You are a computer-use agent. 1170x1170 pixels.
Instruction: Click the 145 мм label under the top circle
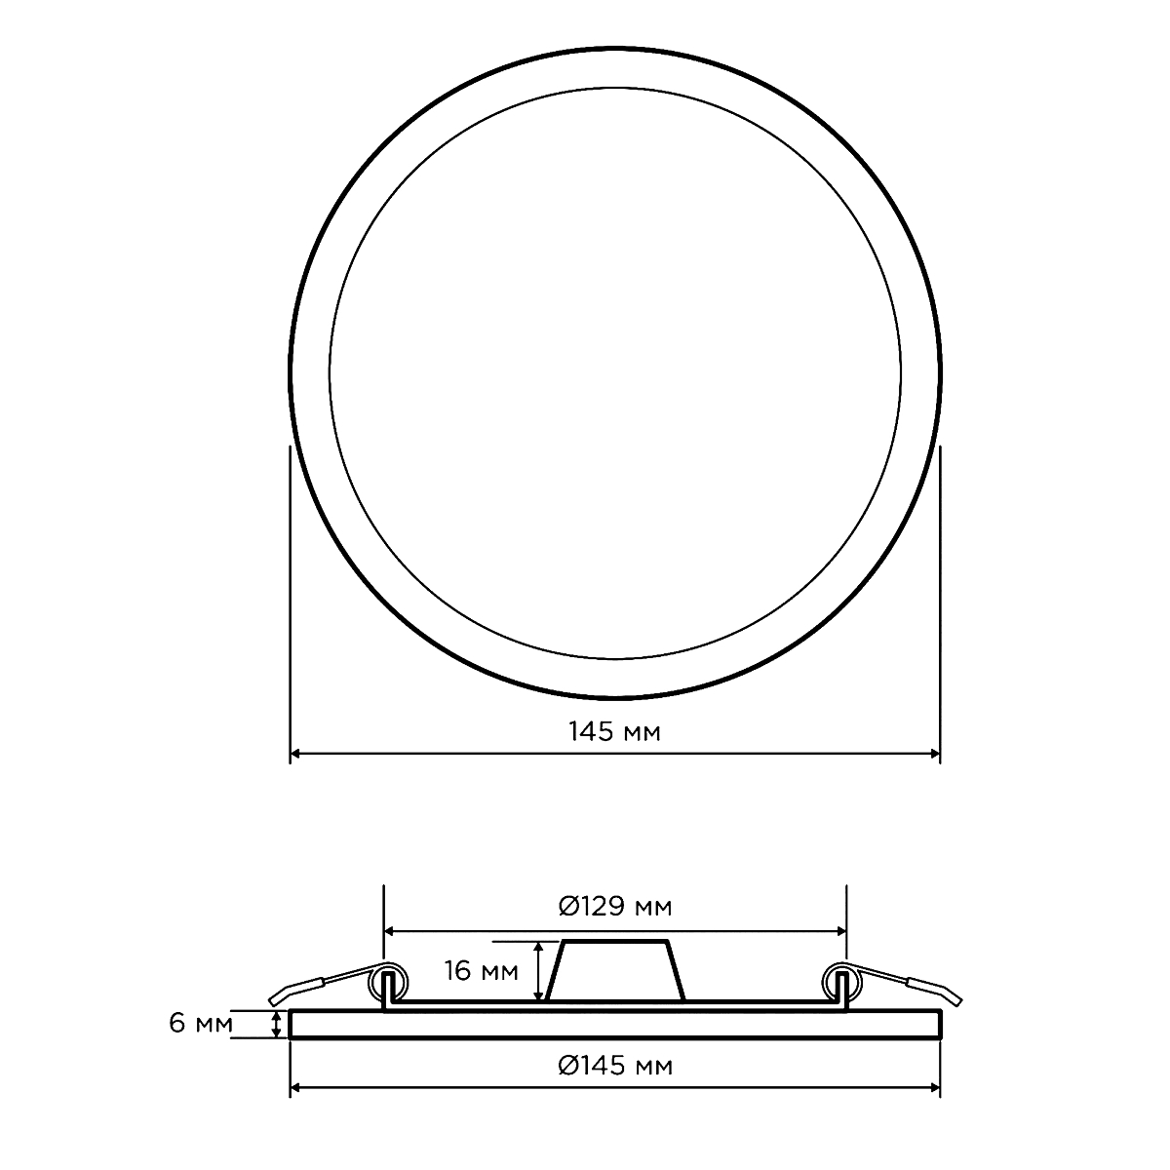click(614, 732)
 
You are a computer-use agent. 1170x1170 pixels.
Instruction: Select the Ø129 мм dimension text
click(615, 907)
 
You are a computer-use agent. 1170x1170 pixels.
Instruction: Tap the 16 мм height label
click(482, 971)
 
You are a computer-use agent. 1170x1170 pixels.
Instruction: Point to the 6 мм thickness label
click(201, 1023)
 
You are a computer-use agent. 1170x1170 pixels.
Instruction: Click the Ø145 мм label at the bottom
click(615, 1066)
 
